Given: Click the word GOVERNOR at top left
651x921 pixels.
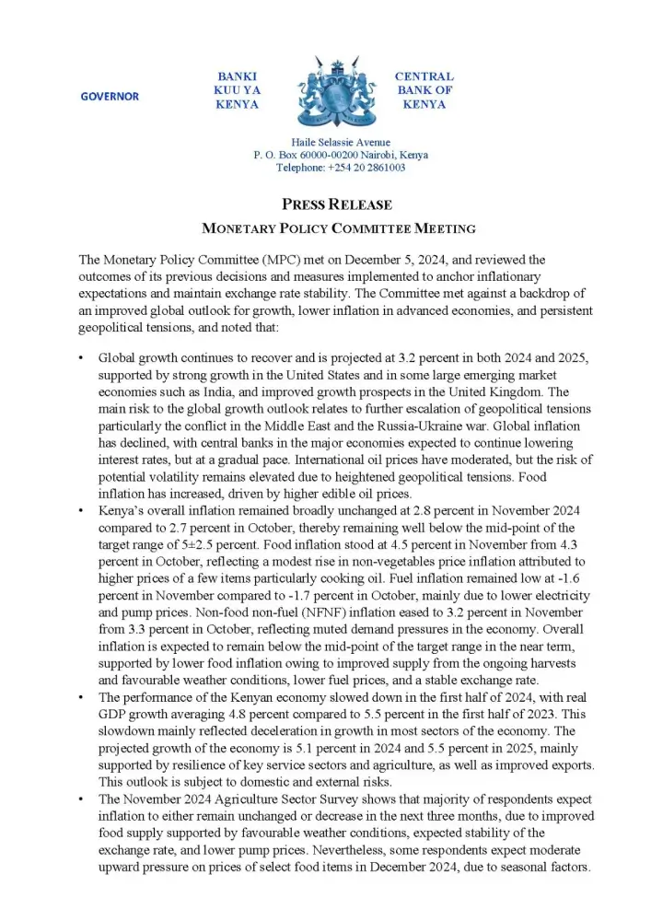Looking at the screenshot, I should point(110,97).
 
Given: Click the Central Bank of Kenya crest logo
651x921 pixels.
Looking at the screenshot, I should point(327,93).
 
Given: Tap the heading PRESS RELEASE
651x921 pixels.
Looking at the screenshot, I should point(325,204).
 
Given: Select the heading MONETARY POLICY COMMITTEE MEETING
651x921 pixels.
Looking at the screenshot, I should point(325,227).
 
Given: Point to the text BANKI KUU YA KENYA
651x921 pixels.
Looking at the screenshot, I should point(237,90).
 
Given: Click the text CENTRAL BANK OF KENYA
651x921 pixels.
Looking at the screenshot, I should point(424,90).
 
